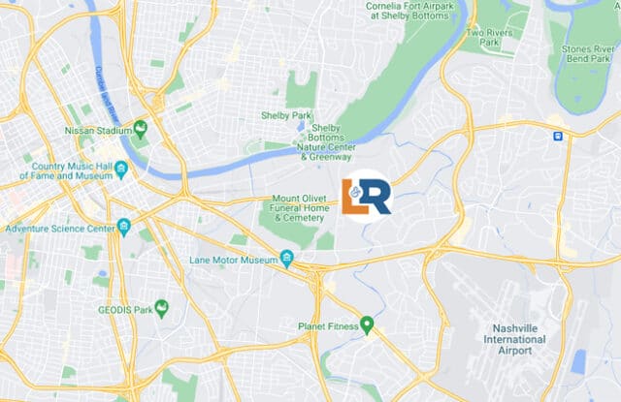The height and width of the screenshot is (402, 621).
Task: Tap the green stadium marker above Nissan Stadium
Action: click(x=140, y=127)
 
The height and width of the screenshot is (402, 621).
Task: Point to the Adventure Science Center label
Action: click(x=59, y=229)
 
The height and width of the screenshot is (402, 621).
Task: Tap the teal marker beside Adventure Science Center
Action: click(x=124, y=229)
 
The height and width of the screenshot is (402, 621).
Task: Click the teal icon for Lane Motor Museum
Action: click(x=286, y=259)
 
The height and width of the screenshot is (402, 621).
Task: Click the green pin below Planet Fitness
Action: click(x=367, y=325)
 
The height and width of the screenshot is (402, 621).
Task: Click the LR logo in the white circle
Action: click(x=367, y=196)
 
